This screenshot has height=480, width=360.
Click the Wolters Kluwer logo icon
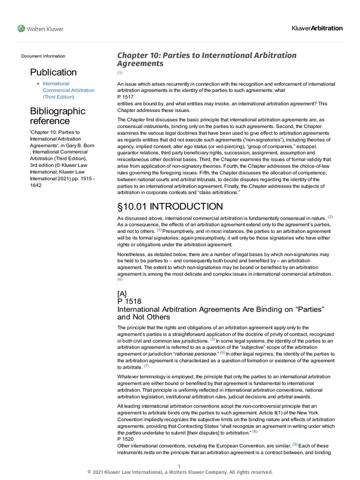point(22,29)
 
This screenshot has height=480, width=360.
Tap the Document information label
point(43,56)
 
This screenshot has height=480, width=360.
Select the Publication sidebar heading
point(53,72)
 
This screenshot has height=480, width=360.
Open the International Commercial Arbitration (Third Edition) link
point(68,90)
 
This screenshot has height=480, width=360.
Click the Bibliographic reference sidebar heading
point(58,116)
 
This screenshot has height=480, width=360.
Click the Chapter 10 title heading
point(206,59)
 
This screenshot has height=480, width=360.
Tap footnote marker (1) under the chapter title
point(120,73)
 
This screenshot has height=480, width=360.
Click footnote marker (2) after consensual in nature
point(330,217)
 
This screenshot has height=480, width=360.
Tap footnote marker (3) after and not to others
point(159,230)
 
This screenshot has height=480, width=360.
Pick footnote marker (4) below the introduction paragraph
point(120,280)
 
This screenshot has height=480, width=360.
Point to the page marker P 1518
point(129,301)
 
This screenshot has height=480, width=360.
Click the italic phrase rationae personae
point(195,353)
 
